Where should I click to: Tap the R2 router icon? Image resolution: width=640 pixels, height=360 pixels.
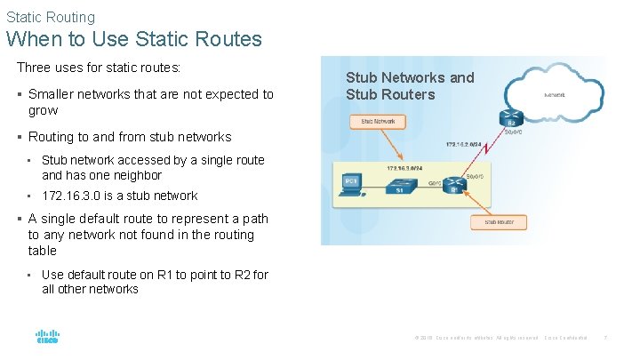coord(511,118)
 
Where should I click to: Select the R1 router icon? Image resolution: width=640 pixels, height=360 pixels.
coord(455,186)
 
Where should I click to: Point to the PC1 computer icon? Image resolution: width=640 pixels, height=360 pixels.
coord(352,183)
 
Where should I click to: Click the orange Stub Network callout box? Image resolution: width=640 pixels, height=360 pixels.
coord(379,121)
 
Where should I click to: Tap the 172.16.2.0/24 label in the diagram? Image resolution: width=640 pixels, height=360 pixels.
coord(465,144)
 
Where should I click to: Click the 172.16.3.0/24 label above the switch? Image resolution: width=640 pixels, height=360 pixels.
coord(404,166)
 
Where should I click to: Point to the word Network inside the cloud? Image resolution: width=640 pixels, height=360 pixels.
coord(555,94)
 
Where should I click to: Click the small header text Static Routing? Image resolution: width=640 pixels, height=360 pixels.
coord(51,17)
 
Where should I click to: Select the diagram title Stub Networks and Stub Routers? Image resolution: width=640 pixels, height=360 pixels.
coord(410,86)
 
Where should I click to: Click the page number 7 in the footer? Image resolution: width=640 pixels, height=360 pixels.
coord(605,339)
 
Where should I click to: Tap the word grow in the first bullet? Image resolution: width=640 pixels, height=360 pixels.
coord(43,110)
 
